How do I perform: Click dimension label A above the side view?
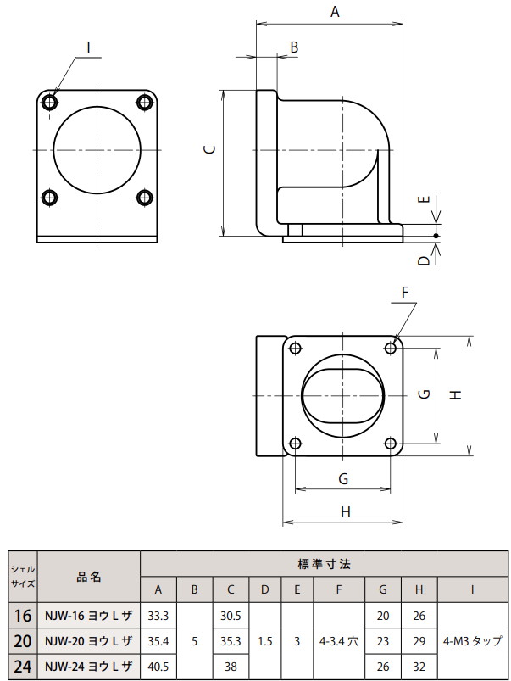(334, 12)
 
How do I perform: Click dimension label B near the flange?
(294, 48)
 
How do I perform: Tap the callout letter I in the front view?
(87, 48)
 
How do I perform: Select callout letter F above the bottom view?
(405, 293)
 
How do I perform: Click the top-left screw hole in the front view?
(50, 103)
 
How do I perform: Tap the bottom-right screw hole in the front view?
(145, 198)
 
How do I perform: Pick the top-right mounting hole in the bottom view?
(391, 347)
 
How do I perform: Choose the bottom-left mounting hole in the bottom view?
(295, 443)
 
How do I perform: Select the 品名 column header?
(89, 576)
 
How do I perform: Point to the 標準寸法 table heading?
(325, 563)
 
